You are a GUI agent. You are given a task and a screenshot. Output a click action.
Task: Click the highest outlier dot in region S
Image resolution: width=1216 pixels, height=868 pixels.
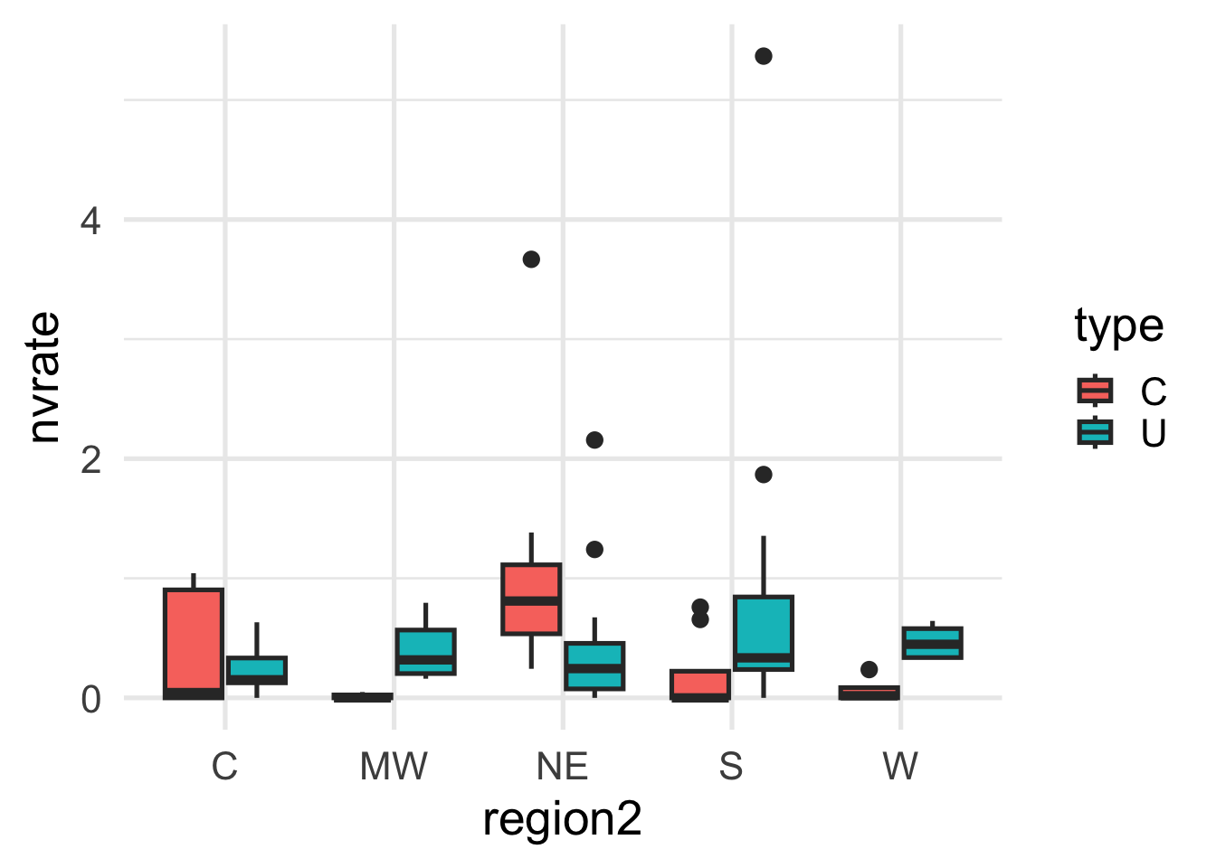pos(764,56)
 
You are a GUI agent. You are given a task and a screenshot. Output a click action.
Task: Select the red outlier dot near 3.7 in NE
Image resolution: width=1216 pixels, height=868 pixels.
pos(531,259)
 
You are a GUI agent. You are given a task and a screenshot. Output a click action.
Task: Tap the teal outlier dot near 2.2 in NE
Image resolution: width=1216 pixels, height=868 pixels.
pos(594,440)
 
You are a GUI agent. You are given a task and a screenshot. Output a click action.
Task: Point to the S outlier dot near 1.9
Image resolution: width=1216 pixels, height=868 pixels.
pos(764,475)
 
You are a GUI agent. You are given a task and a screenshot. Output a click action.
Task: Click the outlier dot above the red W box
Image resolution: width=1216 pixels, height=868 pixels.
pos(869,670)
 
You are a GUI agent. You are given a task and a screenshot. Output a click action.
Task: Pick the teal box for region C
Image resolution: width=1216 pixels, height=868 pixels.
pos(257,670)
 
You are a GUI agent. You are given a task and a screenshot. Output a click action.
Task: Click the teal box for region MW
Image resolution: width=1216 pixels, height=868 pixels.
pos(425,651)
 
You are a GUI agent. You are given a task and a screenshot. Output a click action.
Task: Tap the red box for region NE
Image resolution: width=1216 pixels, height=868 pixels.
pos(531,599)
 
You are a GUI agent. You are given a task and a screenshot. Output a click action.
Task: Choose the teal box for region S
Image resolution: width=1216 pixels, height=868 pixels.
pos(764,633)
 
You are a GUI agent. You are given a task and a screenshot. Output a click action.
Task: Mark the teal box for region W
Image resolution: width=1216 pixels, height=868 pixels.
pos(932,642)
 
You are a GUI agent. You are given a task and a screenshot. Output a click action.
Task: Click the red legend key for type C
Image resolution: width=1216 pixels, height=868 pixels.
pos(1095,391)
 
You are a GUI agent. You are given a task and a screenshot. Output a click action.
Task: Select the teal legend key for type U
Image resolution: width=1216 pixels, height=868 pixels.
pos(1095,432)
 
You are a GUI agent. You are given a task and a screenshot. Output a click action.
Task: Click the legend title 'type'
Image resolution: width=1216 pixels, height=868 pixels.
pos(1119,326)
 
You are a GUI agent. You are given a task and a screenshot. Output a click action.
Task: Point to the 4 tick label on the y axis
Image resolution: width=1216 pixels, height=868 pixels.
pos(90,221)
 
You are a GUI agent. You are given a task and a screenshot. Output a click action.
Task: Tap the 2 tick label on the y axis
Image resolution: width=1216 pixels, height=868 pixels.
pos(90,460)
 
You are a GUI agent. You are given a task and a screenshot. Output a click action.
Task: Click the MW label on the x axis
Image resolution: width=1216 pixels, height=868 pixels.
pos(394,767)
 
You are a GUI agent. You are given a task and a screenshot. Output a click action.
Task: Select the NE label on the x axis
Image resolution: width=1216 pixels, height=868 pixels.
pos(562,767)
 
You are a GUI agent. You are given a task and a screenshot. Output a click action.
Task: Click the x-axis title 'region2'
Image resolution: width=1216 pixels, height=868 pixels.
pos(562,820)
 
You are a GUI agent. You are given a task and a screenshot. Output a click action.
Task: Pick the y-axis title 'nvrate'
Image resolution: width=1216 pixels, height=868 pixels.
pos(43,377)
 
